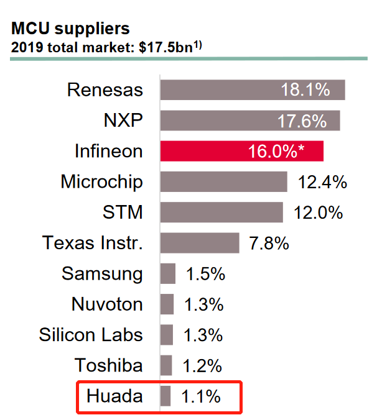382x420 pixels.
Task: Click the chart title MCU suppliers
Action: tap(70, 28)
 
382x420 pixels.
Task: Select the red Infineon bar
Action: tap(241, 152)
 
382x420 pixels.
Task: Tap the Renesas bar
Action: tap(252, 90)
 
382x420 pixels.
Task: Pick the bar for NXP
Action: tap(249, 121)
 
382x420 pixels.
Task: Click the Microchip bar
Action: tap(223, 182)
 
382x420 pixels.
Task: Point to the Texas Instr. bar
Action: tap(199, 243)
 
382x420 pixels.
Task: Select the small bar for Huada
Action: tap(165, 396)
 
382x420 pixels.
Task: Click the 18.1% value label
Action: tap(304, 90)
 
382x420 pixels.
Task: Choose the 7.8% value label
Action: tap(269, 243)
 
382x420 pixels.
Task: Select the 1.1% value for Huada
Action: tap(200, 396)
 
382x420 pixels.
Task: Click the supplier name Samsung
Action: tap(102, 273)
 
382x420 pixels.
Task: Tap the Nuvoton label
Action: tap(106, 304)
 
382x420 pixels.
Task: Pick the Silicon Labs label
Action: tap(91, 335)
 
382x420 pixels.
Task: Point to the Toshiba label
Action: tap(108, 365)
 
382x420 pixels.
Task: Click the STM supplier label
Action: tap(122, 212)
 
